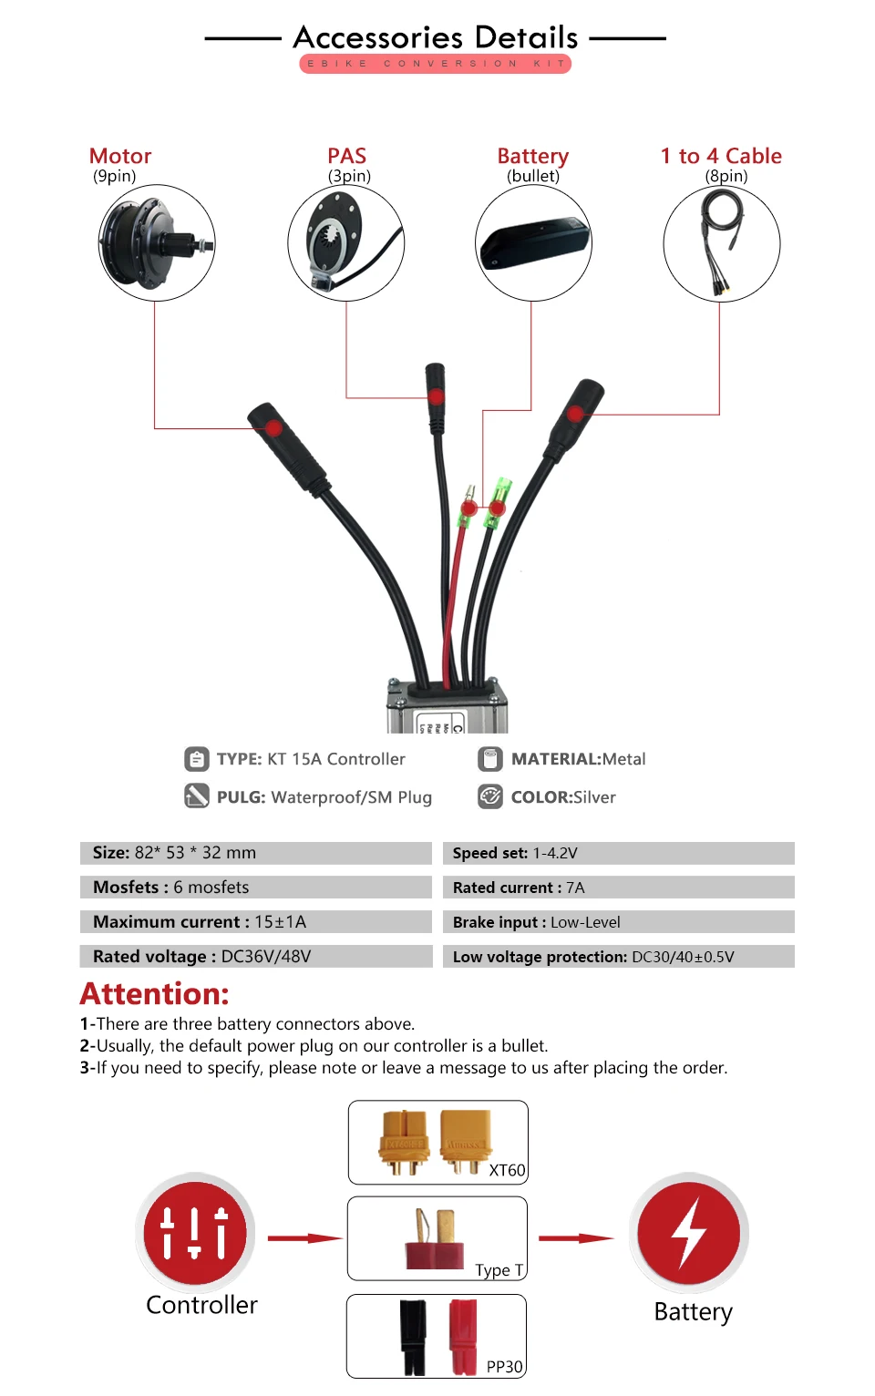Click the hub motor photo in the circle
(157, 242)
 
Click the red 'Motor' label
(120, 156)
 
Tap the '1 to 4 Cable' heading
(721, 156)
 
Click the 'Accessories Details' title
(436, 37)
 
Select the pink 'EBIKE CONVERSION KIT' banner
(436, 64)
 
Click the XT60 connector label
(507, 1170)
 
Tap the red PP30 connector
(462, 1336)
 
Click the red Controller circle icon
(195, 1232)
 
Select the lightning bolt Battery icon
(689, 1232)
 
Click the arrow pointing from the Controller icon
(304, 1238)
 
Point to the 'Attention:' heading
(155, 993)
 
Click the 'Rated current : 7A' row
(618, 888)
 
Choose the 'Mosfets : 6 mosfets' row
(255, 888)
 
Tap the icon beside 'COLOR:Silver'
(490, 796)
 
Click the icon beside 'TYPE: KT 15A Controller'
(196, 758)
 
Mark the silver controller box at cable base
(447, 709)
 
